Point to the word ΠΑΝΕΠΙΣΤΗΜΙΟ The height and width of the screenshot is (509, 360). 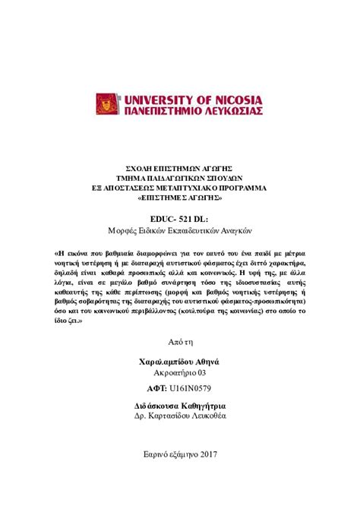[x=159, y=111]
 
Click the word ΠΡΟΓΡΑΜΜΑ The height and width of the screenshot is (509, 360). [x=238, y=186]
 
